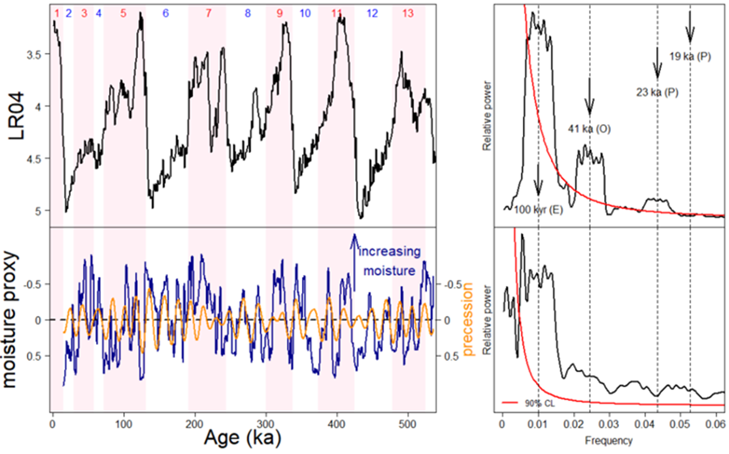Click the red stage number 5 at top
point(123,13)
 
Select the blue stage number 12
point(372,13)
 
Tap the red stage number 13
point(408,13)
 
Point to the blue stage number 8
point(248,13)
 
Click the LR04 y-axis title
point(17,116)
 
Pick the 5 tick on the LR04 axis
point(38,211)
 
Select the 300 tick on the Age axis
point(266,424)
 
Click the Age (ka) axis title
point(242,438)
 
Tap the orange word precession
point(467,319)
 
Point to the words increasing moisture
point(390,261)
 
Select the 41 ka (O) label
point(589,129)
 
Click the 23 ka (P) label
point(657,93)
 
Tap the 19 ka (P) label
point(690,57)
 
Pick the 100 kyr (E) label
point(538,210)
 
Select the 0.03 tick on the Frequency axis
point(609,424)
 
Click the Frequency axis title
point(608,441)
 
